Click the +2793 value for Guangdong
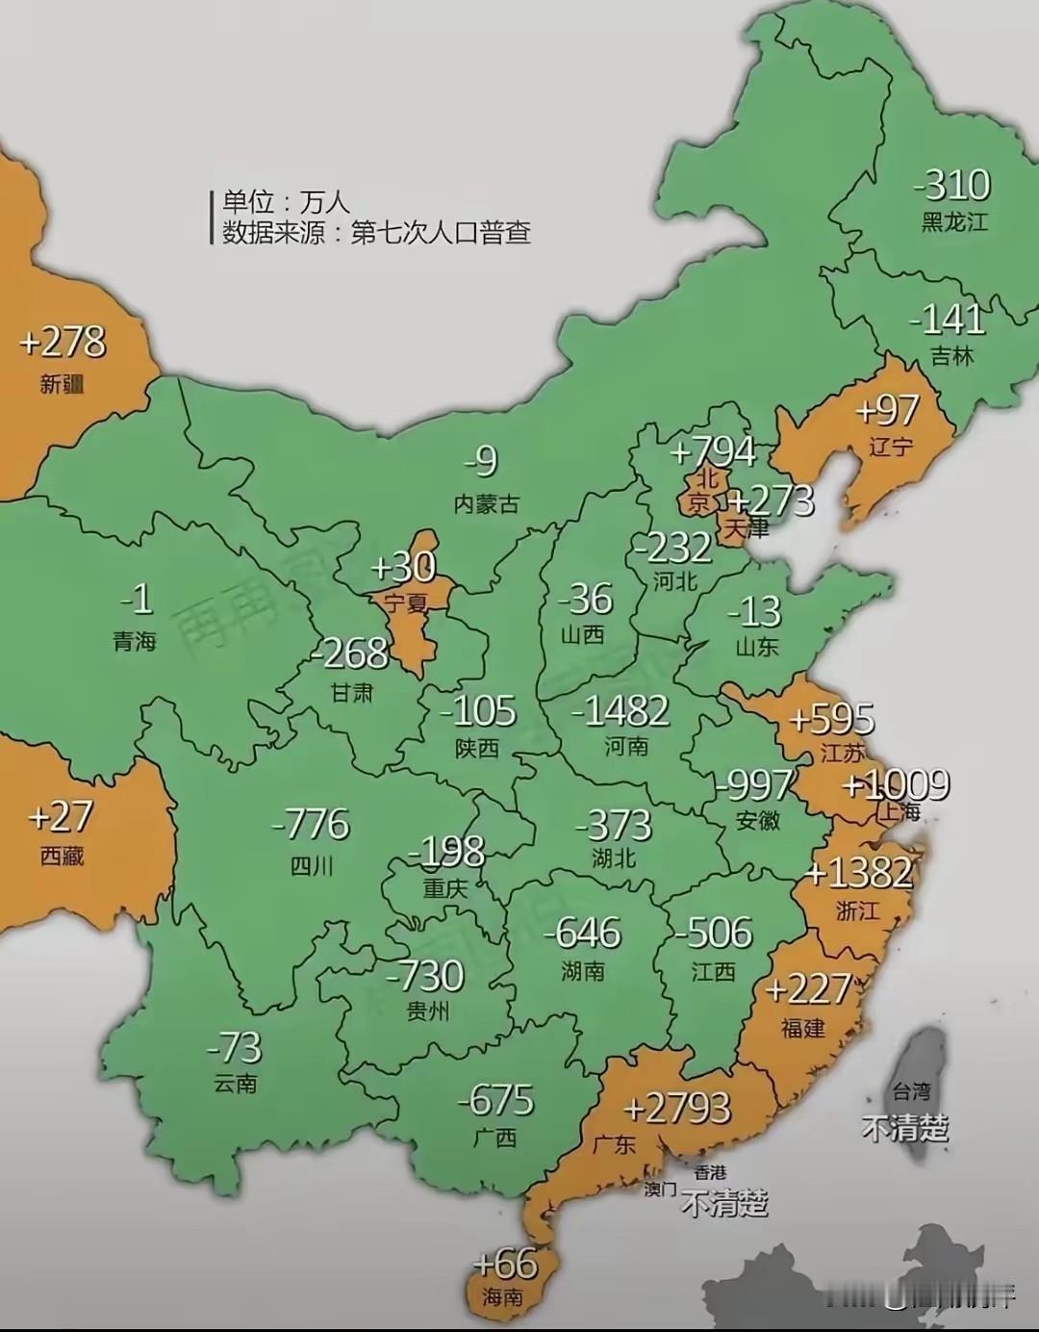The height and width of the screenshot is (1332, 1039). tap(677, 1109)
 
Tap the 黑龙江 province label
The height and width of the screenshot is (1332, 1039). tap(954, 221)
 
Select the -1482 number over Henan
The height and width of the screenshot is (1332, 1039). tap(620, 711)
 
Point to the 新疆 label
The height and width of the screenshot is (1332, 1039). tap(63, 385)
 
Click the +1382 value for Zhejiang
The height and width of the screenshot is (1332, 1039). tap(858, 873)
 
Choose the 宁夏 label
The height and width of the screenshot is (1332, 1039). tap(405, 603)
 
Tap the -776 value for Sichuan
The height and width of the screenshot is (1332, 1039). tap(311, 825)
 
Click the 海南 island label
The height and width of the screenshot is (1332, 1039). tap(502, 1297)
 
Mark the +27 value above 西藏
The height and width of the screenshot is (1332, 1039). tap(61, 817)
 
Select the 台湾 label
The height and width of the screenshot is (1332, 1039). tap(911, 1091)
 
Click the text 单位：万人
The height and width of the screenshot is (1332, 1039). tap(286, 202)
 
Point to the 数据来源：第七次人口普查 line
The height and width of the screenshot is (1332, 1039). tap(376, 233)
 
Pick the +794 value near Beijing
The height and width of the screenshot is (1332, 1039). tap(713, 451)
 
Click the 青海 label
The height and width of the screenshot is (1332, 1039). tap(135, 641)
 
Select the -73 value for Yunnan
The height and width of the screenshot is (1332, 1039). tap(234, 1047)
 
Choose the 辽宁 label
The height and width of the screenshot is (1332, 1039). tap(890, 447)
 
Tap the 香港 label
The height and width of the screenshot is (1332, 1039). tap(710, 1172)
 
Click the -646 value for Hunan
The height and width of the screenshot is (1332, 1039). tap(582, 933)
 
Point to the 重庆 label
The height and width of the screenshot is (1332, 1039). tap(444, 887)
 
